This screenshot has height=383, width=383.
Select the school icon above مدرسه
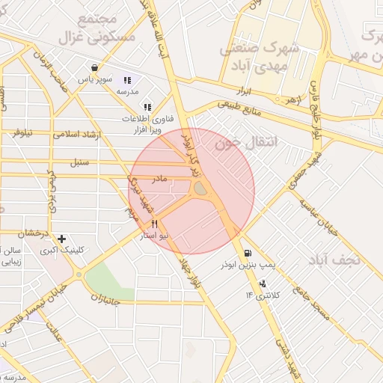click(x=127, y=80)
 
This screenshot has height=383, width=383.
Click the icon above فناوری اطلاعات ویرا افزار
click(x=147, y=107)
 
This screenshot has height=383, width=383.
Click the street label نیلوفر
click(x=22, y=132)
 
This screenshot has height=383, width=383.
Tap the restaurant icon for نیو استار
click(x=155, y=224)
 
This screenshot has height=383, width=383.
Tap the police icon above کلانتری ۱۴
click(x=263, y=284)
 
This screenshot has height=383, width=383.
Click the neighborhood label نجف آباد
click(x=334, y=260)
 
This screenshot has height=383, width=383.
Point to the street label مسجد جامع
click(x=311, y=304)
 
